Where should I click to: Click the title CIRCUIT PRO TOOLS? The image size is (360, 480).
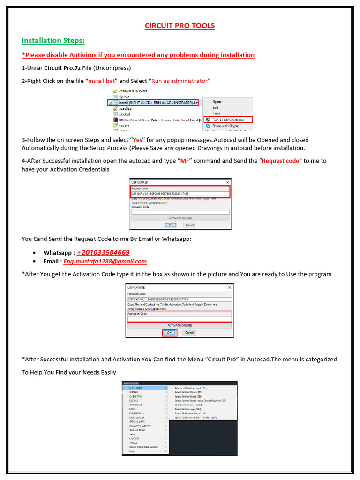pos(180,25)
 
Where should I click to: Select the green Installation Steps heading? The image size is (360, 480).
pos(53,40)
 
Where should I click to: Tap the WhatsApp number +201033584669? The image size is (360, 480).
pos(103,252)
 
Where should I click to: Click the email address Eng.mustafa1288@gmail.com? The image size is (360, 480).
pos(105,261)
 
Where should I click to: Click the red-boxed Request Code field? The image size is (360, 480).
pos(180,193)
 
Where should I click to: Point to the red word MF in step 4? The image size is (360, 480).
pos(184,161)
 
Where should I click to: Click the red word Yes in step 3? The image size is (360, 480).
pos(137,140)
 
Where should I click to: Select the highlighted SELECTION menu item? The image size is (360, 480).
pos(136,388)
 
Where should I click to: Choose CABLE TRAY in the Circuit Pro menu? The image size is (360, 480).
pos(137,397)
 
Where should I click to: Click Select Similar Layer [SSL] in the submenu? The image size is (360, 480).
pos(187,409)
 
